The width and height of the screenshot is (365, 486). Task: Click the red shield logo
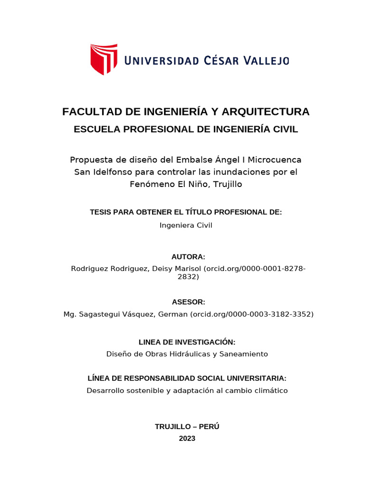click(104, 59)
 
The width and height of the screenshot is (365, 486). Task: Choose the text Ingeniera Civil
click(186, 225)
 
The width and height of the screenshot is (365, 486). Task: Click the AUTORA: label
click(188, 257)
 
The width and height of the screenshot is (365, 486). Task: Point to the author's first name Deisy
click(163, 269)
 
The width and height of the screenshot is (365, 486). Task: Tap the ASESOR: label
click(188, 302)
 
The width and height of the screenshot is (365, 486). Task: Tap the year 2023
click(187, 439)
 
